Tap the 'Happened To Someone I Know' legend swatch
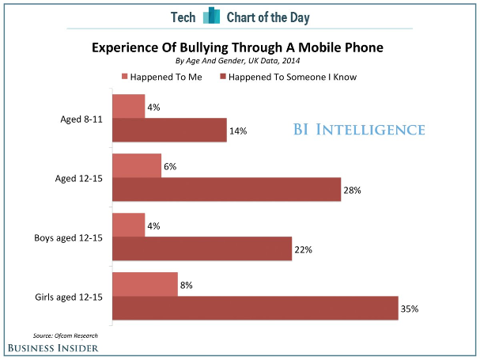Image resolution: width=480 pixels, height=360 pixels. coord(224,77)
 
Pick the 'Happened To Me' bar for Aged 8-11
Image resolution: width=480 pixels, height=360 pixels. coord(129,106)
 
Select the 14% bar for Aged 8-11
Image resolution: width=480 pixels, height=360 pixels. coord(169,130)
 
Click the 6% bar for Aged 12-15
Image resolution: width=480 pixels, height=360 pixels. coord(137,165)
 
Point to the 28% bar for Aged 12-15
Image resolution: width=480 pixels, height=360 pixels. coord(226,189)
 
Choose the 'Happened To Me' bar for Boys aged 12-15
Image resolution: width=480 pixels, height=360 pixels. coord(129,225)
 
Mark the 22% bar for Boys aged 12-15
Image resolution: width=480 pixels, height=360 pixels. coord(202,248)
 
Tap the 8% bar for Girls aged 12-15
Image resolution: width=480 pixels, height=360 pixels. coord(145,284)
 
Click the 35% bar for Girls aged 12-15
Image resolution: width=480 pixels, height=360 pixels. coord(255,308)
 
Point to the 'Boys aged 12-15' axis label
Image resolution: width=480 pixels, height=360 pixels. coord(70,237)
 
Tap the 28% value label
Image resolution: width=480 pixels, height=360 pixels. coord(353,190)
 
